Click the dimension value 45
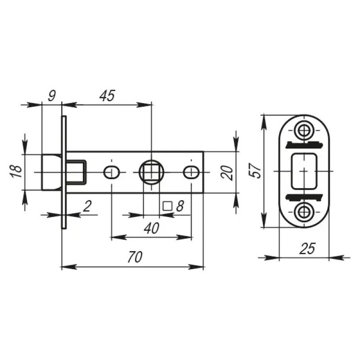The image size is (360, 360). (x=107, y=95)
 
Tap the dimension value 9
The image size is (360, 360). (x=52, y=95)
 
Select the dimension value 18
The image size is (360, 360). (x=16, y=171)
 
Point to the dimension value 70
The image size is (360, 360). (x=135, y=256)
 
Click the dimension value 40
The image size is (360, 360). (x=152, y=228)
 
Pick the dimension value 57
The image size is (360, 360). (x=255, y=171)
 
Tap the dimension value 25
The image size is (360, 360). (x=307, y=248)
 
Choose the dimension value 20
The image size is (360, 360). (x=227, y=173)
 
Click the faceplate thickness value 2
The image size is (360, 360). (x=87, y=206)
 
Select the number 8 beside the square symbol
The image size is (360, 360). (x=180, y=206)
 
